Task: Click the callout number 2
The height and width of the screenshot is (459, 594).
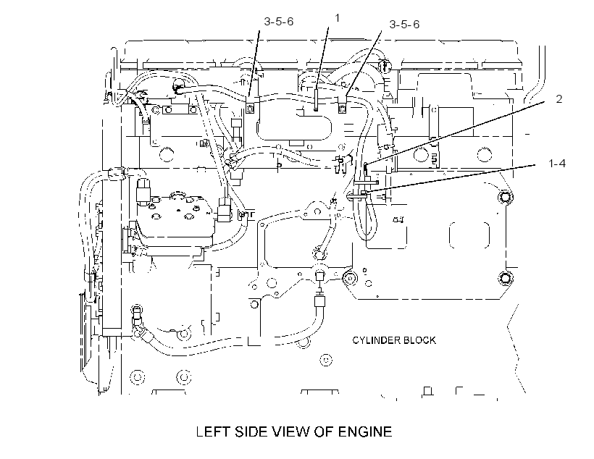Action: point(559,99)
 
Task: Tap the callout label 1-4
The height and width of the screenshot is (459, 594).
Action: point(557,163)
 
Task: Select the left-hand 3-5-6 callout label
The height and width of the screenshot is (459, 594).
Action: point(278,22)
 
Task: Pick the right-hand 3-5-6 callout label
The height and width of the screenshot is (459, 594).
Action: point(404,24)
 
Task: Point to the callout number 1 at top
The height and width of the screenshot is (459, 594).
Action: point(337,18)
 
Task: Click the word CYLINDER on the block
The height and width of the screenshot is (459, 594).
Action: point(376,340)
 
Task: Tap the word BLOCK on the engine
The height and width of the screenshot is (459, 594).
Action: point(419,340)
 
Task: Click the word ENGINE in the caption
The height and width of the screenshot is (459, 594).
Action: point(365,431)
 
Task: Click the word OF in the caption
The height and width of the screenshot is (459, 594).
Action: point(325,431)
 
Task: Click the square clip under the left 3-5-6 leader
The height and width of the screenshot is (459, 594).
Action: point(249,109)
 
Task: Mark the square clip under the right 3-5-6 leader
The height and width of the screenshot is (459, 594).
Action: point(342,109)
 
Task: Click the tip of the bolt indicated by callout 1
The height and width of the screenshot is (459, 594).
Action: point(316,110)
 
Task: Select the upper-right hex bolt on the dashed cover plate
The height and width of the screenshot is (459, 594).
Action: point(505,197)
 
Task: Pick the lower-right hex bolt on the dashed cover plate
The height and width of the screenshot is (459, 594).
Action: point(505,279)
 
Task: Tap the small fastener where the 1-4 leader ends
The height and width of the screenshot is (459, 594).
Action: point(364,193)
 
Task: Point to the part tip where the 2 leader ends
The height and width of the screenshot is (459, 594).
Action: point(366,165)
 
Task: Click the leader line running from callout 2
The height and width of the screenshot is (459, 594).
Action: point(456,132)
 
